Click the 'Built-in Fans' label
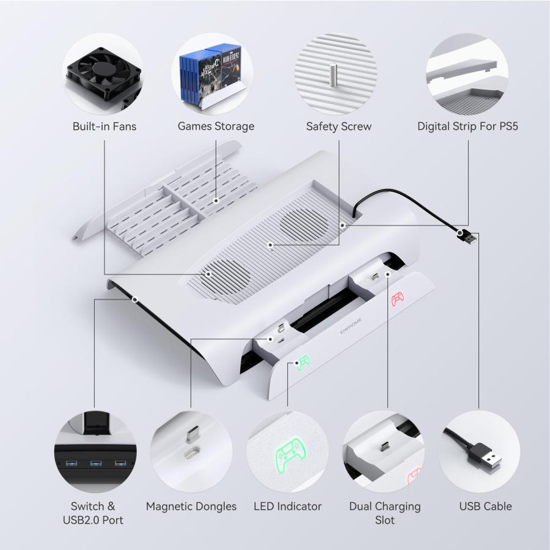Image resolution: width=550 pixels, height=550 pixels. (x=104, y=127)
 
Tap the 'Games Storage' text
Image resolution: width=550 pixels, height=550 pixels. (x=216, y=127)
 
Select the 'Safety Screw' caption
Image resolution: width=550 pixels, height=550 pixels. (x=339, y=127)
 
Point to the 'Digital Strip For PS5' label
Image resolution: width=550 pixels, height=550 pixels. (x=468, y=127)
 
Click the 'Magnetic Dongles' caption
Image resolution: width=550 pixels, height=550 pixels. (x=191, y=506)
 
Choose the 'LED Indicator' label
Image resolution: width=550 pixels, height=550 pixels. (x=287, y=506)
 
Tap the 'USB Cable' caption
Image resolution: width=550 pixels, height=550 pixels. (x=485, y=506)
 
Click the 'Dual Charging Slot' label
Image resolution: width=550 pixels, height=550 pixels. (x=385, y=513)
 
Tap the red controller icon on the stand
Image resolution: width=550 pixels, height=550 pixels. (x=398, y=299)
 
